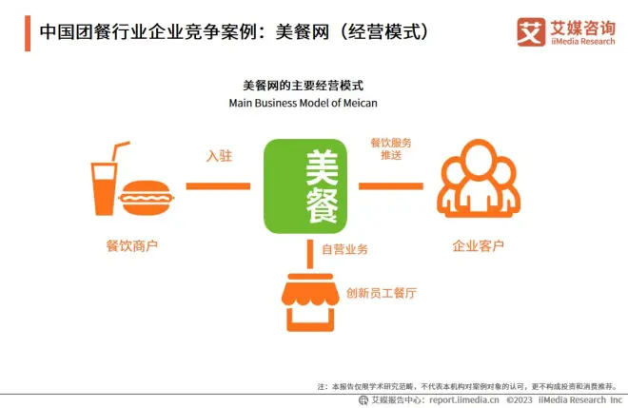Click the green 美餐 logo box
[x=305, y=186]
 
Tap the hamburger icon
[x=146, y=198]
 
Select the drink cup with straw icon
[x=108, y=179]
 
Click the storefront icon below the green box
[x=310, y=302]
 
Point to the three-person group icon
[x=479, y=178]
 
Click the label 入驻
[x=219, y=156]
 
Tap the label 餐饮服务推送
[x=391, y=148]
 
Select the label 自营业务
[x=344, y=249]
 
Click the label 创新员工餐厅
[x=382, y=293]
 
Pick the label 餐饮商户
[x=131, y=245]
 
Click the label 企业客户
[x=479, y=245]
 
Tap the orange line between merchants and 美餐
[x=218, y=185]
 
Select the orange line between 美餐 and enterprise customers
[x=391, y=185]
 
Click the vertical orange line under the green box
[x=310, y=254]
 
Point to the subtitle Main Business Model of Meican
[x=304, y=103]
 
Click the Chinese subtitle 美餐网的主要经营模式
[x=304, y=86]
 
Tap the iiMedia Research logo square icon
[x=531, y=32]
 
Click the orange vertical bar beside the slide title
[x=28, y=33]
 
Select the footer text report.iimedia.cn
[x=464, y=399]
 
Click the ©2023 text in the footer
[x=520, y=399]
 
